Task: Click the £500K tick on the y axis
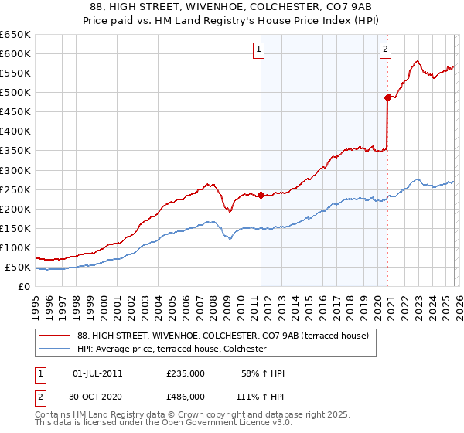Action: [x=15, y=93]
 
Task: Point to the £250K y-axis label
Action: [x=15, y=189]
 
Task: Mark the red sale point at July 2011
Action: [x=261, y=196]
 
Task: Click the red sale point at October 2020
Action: [x=387, y=97]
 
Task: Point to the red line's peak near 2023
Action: [x=417, y=61]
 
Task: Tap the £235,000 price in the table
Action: [x=186, y=373]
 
